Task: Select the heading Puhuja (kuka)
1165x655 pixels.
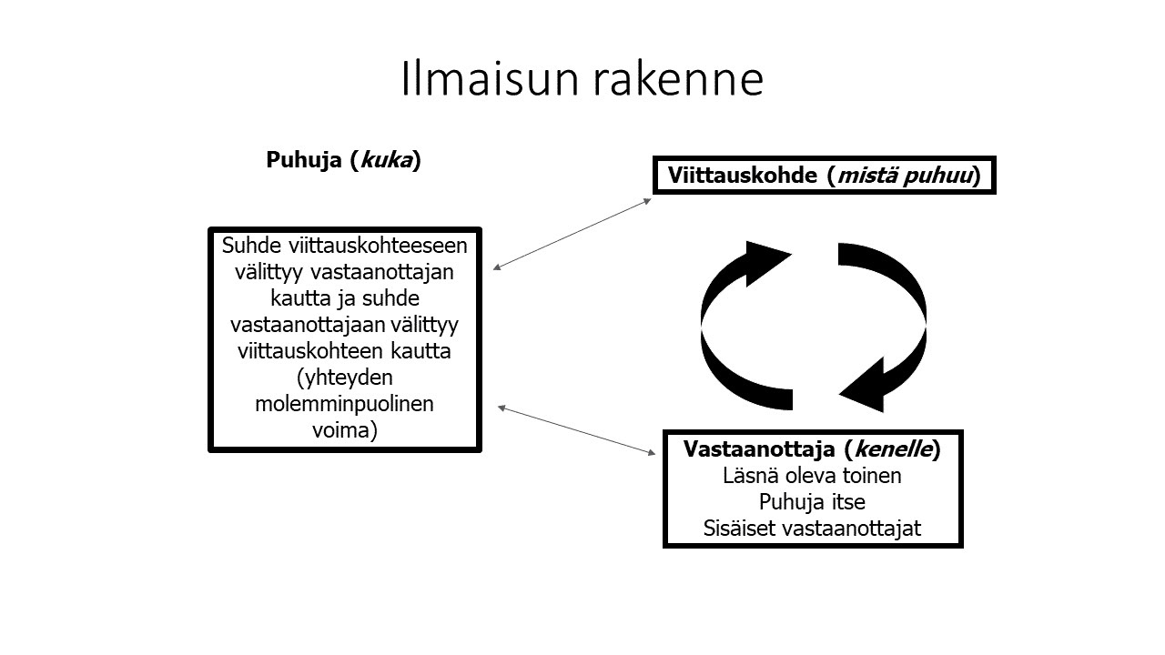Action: click(x=343, y=160)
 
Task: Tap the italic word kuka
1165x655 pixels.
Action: click(x=387, y=160)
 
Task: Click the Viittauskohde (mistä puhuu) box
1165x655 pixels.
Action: click(x=825, y=175)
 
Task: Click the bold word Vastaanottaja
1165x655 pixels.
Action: click(x=758, y=448)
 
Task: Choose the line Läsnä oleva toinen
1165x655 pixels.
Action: click(x=812, y=475)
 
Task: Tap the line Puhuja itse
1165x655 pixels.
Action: click(x=812, y=501)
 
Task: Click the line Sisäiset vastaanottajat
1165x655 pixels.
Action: click(x=812, y=528)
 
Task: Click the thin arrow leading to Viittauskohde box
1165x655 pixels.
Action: click(x=572, y=233)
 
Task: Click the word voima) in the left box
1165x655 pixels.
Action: click(x=344, y=428)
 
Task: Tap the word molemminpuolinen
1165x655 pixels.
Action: click(x=344, y=403)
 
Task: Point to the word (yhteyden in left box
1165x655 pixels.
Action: click(x=344, y=377)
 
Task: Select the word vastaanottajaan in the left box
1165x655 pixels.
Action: click(x=295, y=324)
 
